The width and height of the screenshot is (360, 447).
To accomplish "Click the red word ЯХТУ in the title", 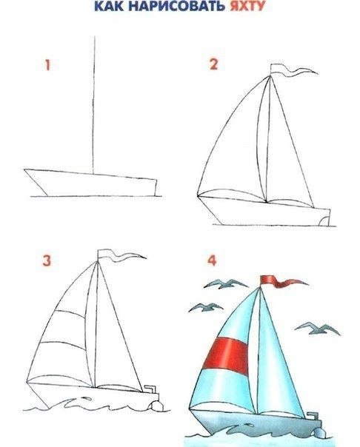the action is [247, 6].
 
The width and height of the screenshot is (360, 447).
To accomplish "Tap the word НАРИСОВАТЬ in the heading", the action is [177, 6].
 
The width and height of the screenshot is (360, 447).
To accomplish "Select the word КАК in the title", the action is [109, 6].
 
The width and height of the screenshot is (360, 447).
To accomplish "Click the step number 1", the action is [47, 65].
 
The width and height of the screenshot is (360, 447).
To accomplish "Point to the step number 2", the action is [213, 64].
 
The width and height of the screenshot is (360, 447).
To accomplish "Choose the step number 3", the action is [47, 261].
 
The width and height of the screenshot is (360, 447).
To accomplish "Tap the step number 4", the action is [212, 261].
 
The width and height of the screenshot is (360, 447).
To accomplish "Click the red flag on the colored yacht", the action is [282, 281].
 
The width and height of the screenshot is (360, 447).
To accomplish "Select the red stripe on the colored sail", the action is [226, 356].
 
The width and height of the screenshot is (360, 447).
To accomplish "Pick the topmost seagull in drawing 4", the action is [225, 283].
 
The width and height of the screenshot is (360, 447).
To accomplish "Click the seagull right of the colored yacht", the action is [317, 329].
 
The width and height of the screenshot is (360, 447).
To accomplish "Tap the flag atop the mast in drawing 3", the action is [121, 255].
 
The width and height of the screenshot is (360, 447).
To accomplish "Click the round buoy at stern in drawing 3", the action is [156, 406].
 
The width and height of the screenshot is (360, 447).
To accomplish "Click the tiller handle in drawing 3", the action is [150, 389].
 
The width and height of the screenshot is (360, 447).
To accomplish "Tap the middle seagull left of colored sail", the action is [205, 307].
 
